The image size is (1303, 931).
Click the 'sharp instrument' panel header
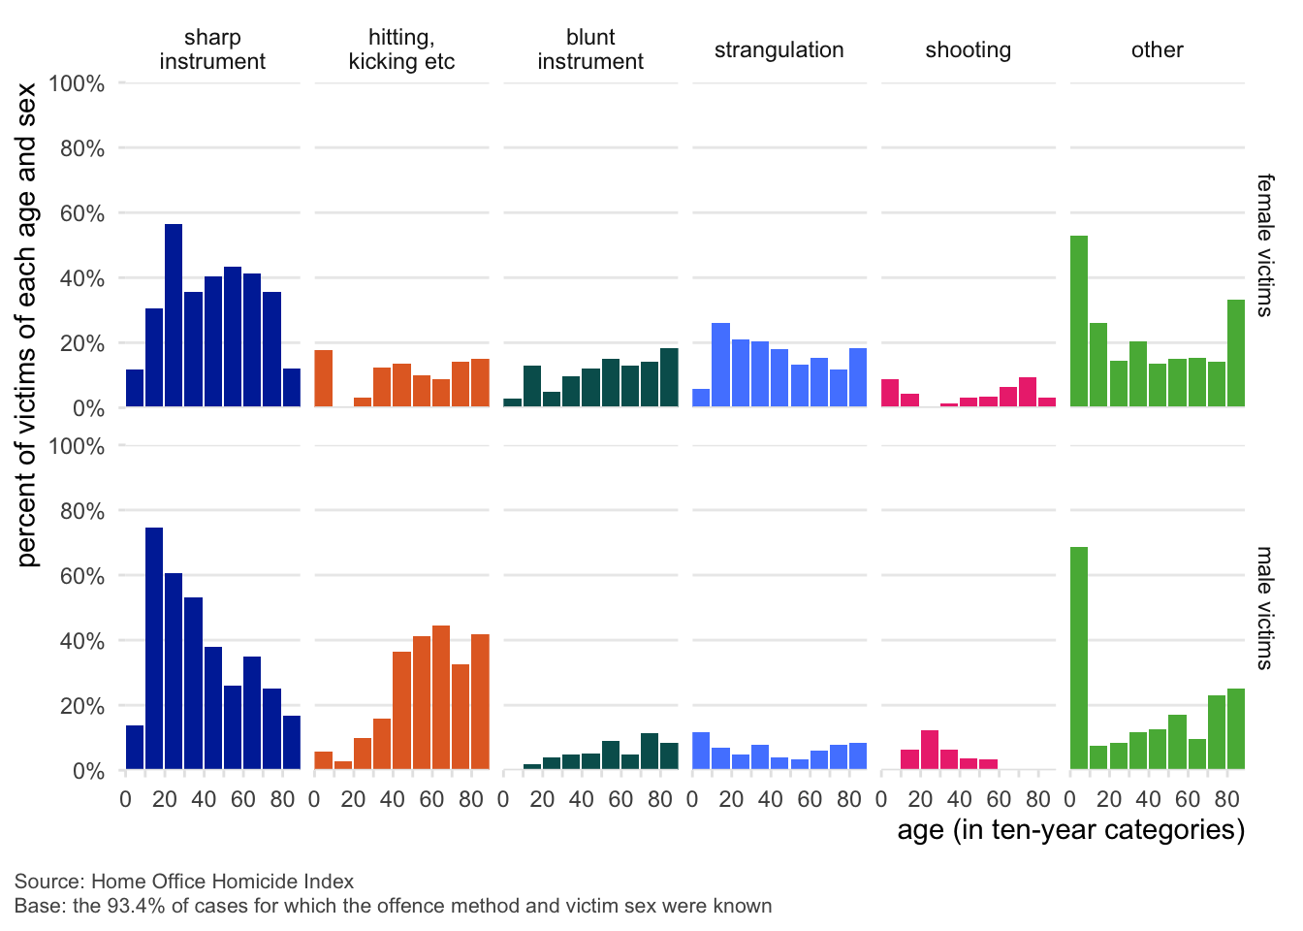pyautogui.click(x=212, y=49)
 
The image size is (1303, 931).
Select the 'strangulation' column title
pyautogui.click(x=779, y=50)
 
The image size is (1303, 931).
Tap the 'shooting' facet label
pyautogui.click(x=968, y=50)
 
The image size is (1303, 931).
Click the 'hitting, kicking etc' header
pyautogui.click(x=401, y=49)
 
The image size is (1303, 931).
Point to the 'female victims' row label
pyautogui.click(x=1264, y=245)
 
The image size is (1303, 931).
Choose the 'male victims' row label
pyautogui.click(x=1264, y=608)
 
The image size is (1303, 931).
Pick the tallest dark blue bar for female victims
pyautogui.click(x=174, y=315)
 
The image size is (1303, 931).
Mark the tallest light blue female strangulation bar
pyautogui.click(x=720, y=365)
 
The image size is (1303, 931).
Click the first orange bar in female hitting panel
pyautogui.click(x=324, y=378)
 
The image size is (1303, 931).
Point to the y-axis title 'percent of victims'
pyautogui.click(x=26, y=325)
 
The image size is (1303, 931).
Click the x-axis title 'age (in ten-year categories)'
pyautogui.click(x=1070, y=830)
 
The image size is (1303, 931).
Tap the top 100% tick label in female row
pyautogui.click(x=77, y=83)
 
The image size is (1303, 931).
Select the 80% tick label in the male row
pyautogui.click(x=81, y=511)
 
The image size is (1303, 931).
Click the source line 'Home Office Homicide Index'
pyautogui.click(x=222, y=882)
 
